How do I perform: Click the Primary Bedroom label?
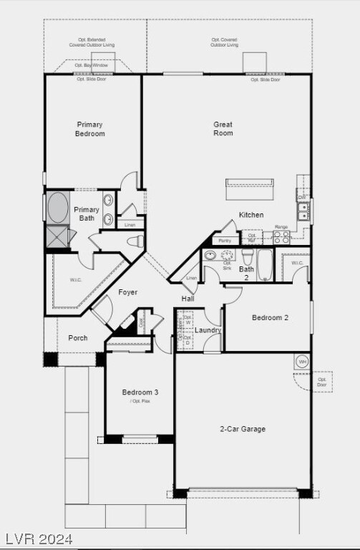(90, 129)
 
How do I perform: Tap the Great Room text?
(223, 128)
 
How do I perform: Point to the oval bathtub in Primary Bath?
(57, 207)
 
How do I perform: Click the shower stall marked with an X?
(57, 236)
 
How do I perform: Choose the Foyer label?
(127, 292)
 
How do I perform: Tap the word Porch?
(78, 338)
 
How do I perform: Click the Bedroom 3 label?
(140, 392)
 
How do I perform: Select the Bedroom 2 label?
(270, 317)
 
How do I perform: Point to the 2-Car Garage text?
(242, 429)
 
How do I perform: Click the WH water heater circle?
(301, 361)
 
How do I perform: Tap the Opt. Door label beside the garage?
(321, 382)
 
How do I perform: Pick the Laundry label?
(208, 330)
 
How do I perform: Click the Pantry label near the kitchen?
(225, 241)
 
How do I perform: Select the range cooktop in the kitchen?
(281, 237)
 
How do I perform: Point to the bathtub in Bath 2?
(265, 264)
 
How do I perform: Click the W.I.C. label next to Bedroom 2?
(297, 263)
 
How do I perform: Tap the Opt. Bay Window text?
(92, 65)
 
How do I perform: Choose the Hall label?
(188, 299)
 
